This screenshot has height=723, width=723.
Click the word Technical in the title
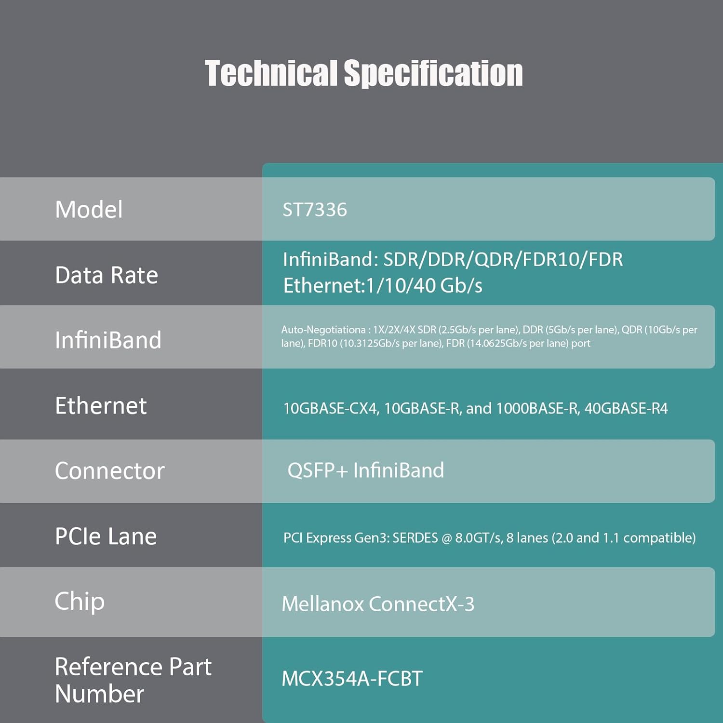pos(271,73)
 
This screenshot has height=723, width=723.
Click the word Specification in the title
pos(433,73)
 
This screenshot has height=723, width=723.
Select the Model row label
pos(89,210)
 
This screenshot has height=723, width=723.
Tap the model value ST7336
pos(315,210)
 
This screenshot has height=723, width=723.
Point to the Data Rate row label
pos(107,275)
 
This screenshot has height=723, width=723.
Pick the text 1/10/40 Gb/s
pos(424,285)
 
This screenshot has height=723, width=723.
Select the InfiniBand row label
pos(108,340)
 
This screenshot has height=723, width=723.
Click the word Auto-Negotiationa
pos(323,330)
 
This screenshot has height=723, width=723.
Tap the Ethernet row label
pos(101,406)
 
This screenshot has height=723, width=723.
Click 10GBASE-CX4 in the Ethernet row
pos(330,409)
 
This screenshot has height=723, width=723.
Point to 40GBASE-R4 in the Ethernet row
pos(626,409)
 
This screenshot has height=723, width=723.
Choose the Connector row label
pos(110,471)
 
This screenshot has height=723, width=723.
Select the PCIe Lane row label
pos(106,536)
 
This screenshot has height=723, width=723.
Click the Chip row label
pos(80,601)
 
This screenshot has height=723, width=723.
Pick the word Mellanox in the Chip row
pos(322,604)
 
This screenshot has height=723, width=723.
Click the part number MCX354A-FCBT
pos(352,679)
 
